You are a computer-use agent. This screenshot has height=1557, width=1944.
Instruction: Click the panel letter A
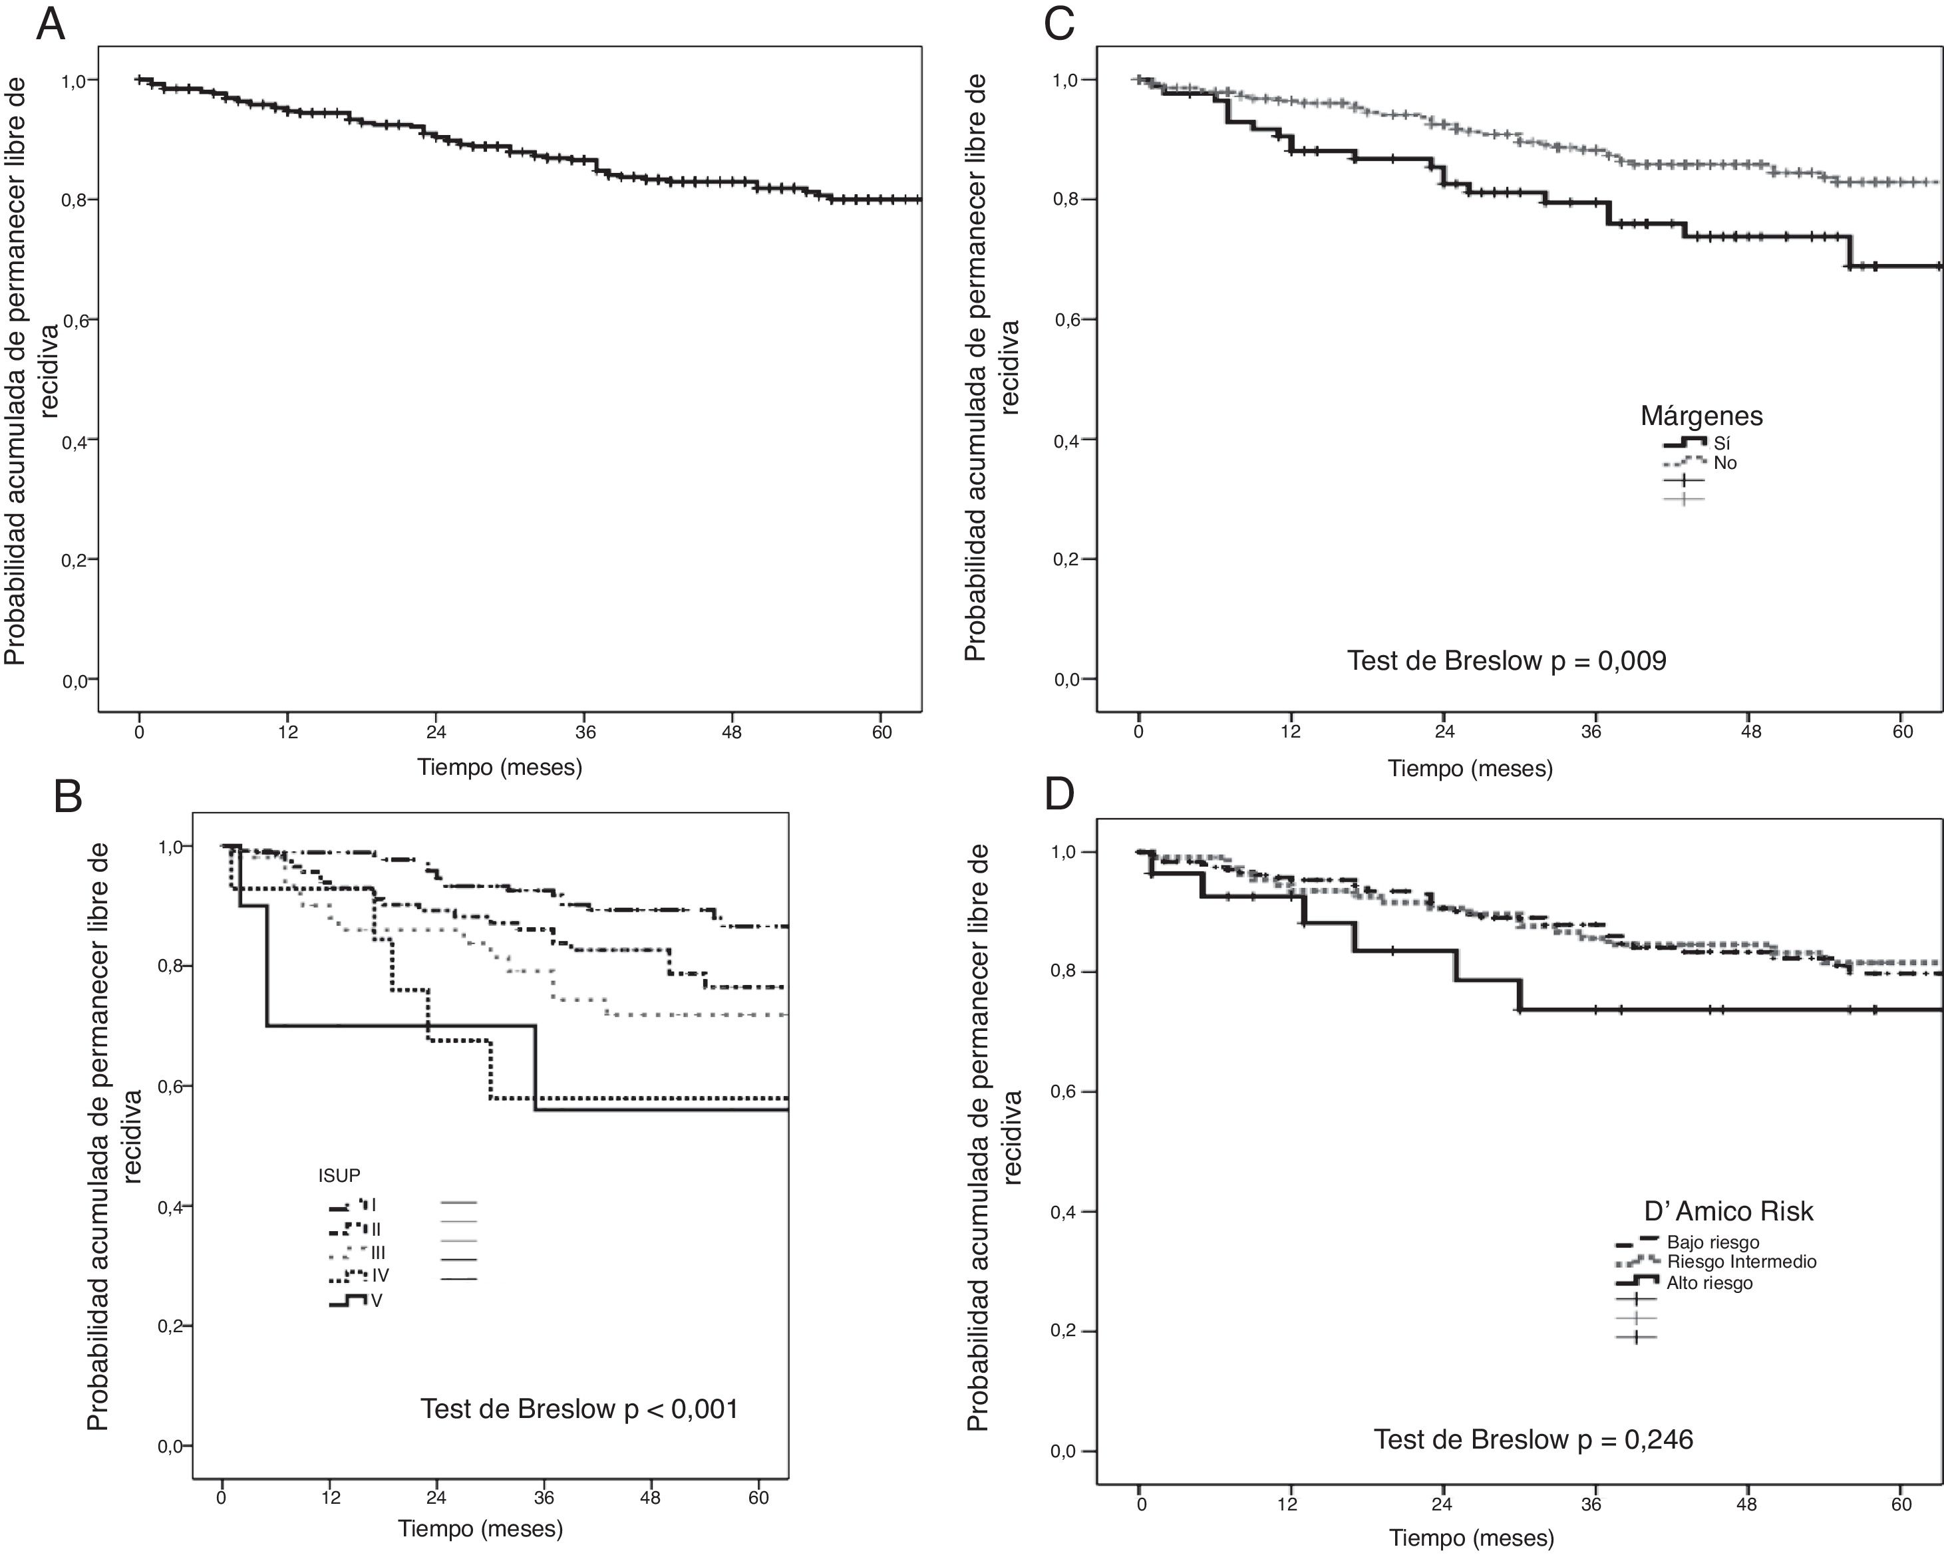coord(50,25)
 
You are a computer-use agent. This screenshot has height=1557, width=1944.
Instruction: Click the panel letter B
coord(69,797)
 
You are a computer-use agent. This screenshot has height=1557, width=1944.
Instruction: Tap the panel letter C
coord(1058,25)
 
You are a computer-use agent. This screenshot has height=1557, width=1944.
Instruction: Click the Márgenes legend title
coord(1701,416)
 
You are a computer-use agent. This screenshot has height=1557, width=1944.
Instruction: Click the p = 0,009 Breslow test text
coord(1506,661)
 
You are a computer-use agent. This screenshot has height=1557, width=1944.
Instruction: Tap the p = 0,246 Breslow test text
coord(1532,1440)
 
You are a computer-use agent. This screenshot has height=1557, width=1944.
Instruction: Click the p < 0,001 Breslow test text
coord(579,1409)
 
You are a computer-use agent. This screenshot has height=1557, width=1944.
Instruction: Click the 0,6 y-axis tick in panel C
coord(1066,319)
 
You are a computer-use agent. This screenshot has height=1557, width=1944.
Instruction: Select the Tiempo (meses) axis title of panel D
coord(1470,1538)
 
